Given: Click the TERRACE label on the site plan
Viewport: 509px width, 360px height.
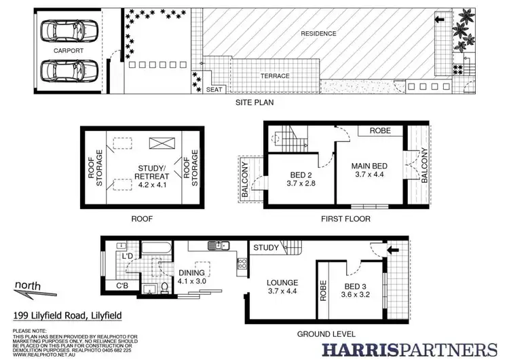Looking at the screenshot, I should tap(275, 76).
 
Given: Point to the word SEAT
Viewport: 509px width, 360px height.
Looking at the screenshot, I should tap(214, 88).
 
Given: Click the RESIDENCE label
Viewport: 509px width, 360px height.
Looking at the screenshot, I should tap(318, 33).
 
